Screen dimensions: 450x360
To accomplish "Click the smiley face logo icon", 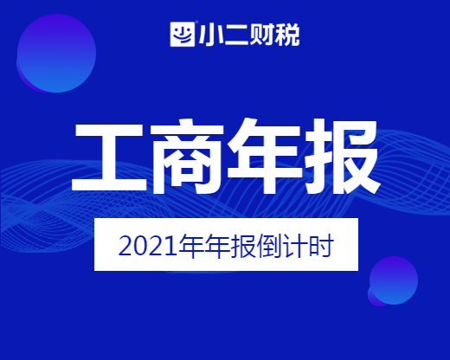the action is point(183,34).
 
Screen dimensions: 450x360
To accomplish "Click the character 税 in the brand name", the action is point(287,35).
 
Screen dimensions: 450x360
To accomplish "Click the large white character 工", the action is point(109,157).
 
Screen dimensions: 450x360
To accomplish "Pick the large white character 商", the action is point(187,157).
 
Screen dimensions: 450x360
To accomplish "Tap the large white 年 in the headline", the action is point(265,156).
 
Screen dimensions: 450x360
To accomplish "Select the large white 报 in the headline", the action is point(343,157).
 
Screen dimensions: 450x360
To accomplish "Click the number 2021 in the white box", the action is point(148,247).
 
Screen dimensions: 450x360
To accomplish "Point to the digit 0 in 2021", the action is point(140,247).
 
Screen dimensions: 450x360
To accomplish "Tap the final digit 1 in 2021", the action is point(170,247).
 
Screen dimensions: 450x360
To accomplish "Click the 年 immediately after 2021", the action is point(191,246).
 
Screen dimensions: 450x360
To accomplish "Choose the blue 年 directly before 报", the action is point(217,246).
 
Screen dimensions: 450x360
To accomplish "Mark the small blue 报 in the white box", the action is point(243,246).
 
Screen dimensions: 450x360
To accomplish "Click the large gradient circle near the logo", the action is point(56,54).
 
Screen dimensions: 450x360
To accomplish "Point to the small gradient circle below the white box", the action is point(393,280).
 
